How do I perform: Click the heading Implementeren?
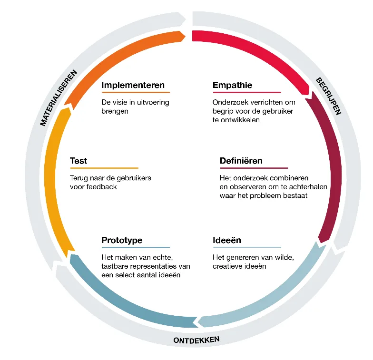pos(133,86)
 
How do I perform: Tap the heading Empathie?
pos(232,86)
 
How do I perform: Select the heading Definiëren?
pos(241,161)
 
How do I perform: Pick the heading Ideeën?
pos(226,240)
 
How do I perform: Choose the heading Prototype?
pos(122,240)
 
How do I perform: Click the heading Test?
pos(79,161)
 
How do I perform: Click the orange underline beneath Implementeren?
pos(136,92)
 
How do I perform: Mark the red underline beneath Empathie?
pos(246,92)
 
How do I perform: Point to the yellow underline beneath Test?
pos(104,168)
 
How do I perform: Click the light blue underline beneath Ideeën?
pos(246,247)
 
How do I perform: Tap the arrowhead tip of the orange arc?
pos(185,35)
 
